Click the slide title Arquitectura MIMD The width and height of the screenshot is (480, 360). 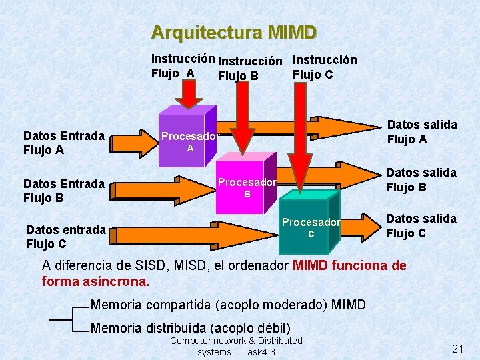pyautogui.click(x=234, y=32)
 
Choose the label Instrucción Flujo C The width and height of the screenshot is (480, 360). pyautogui.click(x=325, y=67)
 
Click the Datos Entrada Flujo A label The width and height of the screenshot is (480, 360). pyautogui.click(x=64, y=143)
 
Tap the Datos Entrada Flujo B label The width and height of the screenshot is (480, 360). pyautogui.click(x=64, y=190)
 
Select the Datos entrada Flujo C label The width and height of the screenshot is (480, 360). pyautogui.click(x=65, y=237)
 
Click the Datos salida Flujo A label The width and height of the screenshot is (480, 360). pyautogui.click(x=422, y=131)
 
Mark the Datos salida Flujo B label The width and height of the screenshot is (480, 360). pyautogui.click(x=421, y=179)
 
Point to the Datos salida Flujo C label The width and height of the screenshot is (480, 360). pyautogui.click(x=421, y=225)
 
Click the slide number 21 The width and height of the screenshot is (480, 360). pyautogui.click(x=457, y=349)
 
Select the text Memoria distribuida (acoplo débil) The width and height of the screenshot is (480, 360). pyautogui.click(x=191, y=327)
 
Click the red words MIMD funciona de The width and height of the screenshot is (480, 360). pyautogui.click(x=349, y=265)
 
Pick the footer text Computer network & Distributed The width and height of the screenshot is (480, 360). pyautogui.click(x=236, y=341)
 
